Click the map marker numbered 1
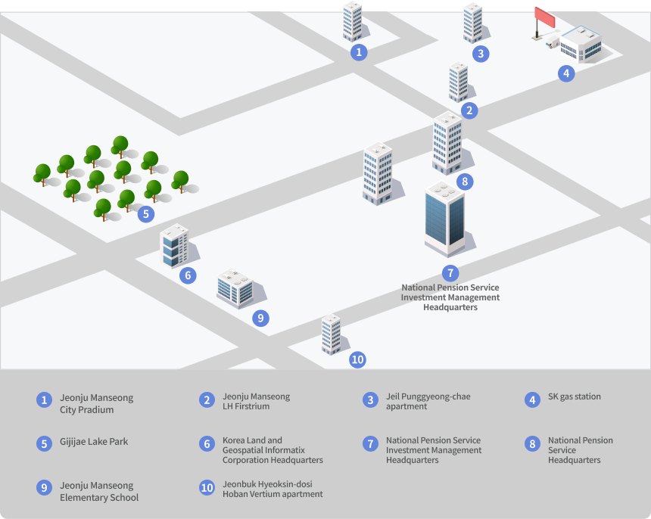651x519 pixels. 359,52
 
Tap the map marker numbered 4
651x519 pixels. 566,73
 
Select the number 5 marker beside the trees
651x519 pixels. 146,214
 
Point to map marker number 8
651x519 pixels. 465,182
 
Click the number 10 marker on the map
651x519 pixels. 357,359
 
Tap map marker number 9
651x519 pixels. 260,319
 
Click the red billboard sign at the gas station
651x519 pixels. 545,17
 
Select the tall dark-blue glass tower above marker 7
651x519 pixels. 444,219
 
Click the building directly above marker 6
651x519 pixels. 174,246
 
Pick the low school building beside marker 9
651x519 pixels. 235,288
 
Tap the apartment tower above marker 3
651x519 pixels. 473,23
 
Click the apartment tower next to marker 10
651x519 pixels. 332,334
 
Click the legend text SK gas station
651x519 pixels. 575,396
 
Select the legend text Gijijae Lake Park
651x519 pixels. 94,442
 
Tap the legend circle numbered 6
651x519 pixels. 207,444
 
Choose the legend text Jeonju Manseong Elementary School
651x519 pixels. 99,491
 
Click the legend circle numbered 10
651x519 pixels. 207,488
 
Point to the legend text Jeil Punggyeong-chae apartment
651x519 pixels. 428,401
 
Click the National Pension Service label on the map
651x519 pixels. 450,297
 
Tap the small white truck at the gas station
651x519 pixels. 553,42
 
